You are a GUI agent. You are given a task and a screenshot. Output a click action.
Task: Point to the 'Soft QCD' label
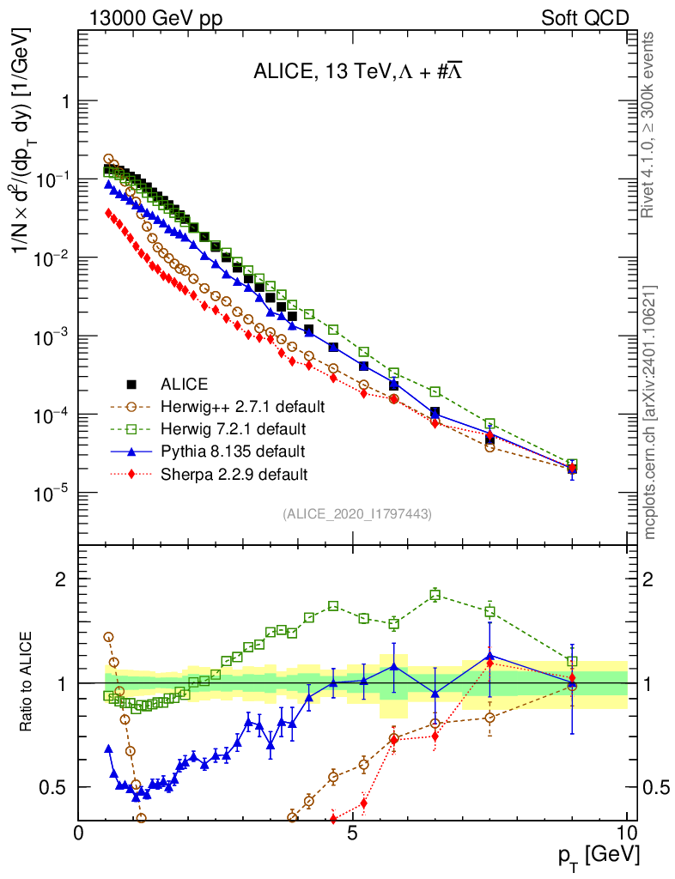coord(585,18)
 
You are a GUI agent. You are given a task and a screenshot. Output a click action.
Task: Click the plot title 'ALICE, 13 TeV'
coord(358,72)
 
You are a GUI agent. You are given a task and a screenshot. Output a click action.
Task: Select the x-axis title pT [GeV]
coord(595,855)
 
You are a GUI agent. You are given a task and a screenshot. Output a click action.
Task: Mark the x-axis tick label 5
coord(352,834)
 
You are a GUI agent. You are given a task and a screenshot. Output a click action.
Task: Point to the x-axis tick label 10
coord(626,834)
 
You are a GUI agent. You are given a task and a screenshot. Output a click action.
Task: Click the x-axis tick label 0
coord(79,834)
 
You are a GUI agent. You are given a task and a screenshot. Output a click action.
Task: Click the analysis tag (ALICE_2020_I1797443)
coord(356,513)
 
